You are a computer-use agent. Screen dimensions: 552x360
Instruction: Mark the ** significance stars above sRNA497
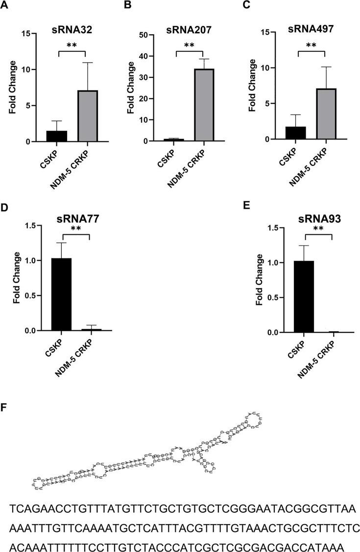pos(311,46)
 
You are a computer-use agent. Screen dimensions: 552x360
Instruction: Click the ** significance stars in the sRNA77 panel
pos(76,229)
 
